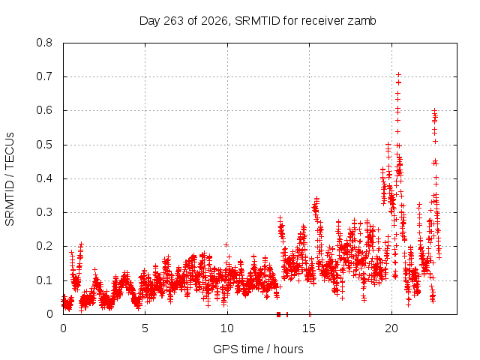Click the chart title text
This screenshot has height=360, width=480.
[257, 21]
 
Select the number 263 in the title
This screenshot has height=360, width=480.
[173, 21]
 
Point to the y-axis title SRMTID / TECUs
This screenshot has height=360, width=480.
[10, 179]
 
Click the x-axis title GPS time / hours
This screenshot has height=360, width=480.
[258, 349]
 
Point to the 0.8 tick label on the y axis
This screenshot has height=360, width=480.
[44, 43]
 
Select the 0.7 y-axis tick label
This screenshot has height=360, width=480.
[44, 76]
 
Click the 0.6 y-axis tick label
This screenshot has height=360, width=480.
[44, 110]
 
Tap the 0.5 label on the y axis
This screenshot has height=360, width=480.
[44, 145]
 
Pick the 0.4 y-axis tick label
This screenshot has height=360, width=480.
[44, 178]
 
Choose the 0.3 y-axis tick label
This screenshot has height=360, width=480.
[44, 212]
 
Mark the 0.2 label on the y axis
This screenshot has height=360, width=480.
[44, 247]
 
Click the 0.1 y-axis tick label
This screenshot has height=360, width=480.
[44, 280]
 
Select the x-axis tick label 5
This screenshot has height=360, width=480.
[145, 328]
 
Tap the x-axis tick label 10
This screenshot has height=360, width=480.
[227, 328]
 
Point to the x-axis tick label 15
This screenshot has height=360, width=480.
[309, 328]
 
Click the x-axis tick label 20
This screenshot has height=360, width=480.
[391, 328]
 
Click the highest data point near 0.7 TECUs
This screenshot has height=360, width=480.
[398, 74]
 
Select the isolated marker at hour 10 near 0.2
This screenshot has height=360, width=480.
[226, 244]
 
